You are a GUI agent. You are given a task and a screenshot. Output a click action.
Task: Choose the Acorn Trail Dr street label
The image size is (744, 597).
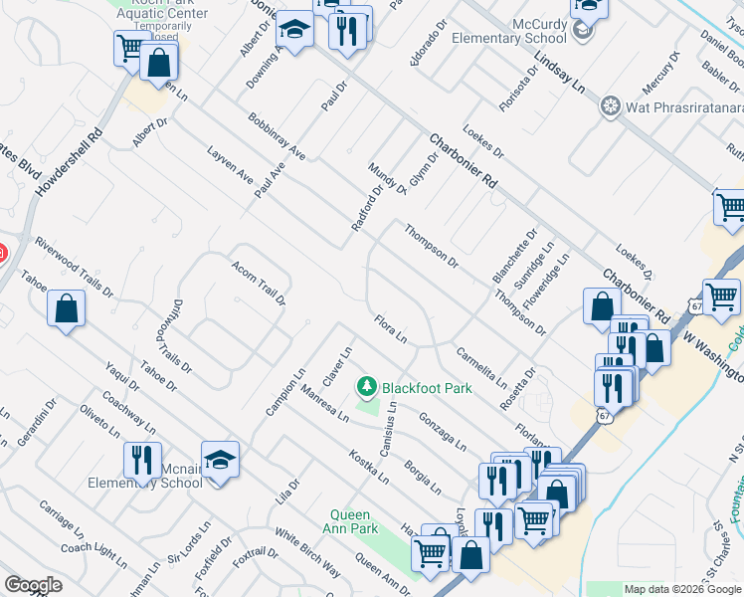pos(259,284)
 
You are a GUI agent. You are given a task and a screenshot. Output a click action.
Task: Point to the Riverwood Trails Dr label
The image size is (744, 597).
pos(74,268)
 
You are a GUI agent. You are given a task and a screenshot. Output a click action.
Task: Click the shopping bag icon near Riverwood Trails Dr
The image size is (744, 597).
pos(67,307)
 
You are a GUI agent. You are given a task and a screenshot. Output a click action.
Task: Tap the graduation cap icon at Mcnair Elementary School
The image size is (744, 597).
pos(220,459)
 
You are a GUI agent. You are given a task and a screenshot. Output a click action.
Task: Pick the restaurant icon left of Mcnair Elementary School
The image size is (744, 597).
pos(141,460)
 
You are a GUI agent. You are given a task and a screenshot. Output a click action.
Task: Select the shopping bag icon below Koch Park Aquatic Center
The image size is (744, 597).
pos(159,62)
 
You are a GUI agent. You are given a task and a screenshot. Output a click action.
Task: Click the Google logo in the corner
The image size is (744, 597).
pos(33,585)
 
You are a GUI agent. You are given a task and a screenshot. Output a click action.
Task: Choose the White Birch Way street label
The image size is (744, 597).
pos(308,552)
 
